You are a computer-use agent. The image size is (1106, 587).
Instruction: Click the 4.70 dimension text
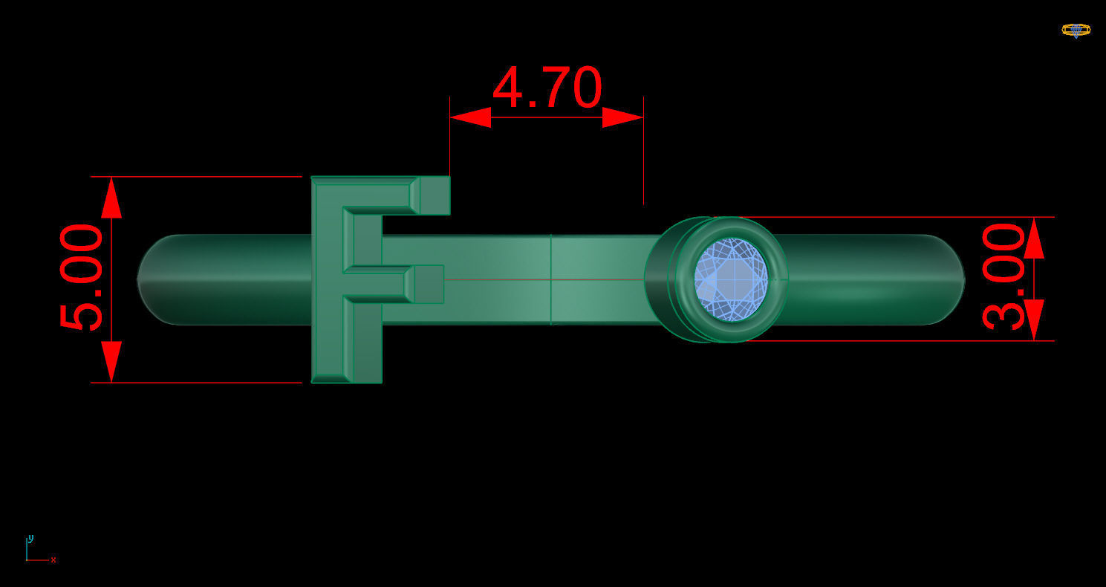[x=547, y=88]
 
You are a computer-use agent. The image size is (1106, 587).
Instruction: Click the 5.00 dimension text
[x=81, y=278]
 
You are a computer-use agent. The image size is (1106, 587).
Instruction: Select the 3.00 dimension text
[x=1003, y=276]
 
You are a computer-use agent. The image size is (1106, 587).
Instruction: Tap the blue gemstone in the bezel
[x=730, y=279]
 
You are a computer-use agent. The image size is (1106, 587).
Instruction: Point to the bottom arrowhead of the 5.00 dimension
[x=111, y=362]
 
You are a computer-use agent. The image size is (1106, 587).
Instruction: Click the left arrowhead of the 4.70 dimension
[x=470, y=117]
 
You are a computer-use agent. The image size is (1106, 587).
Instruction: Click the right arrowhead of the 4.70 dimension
[x=622, y=117]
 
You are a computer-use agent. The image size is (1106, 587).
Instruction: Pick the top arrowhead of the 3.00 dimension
[x=1034, y=238]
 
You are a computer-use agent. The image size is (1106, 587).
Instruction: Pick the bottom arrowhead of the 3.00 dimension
[x=1034, y=320]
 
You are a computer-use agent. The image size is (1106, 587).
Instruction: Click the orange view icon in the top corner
[x=1076, y=30]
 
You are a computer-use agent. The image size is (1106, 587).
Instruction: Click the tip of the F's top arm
[x=435, y=195]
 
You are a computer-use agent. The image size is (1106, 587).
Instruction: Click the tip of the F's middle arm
[x=429, y=284]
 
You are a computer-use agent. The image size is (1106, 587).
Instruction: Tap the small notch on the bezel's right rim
[x=784, y=279]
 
